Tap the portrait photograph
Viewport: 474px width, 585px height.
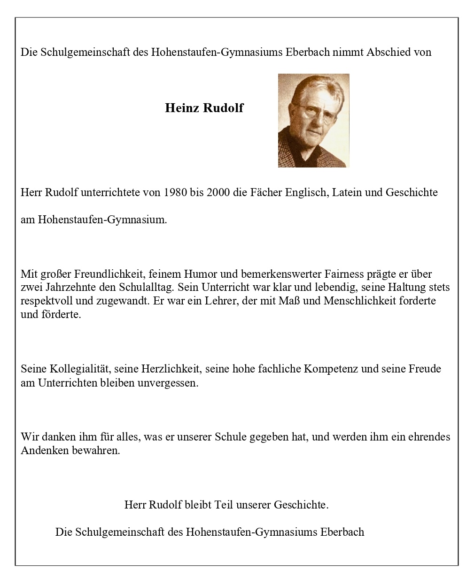(x=313, y=121)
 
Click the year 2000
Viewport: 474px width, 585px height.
(x=216, y=192)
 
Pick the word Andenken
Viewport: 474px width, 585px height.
(x=43, y=451)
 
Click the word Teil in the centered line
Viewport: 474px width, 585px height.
(x=224, y=505)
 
